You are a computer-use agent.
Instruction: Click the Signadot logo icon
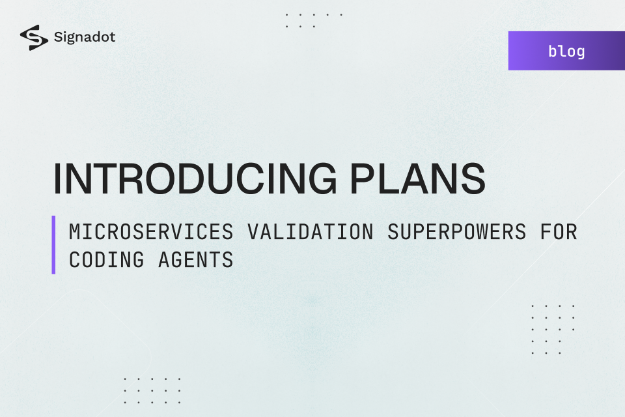coord(34,38)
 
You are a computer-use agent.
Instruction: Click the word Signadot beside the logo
coord(85,37)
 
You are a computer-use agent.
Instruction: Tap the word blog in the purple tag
coord(566,51)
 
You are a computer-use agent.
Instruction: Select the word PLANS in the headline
coord(421,178)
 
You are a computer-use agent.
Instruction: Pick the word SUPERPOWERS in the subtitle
coord(456,232)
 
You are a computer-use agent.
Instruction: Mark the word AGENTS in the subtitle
coord(196,260)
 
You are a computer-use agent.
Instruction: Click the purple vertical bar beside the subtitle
coord(53,245)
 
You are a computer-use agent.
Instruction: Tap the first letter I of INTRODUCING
coord(57,178)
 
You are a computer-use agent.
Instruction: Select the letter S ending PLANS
coord(471,178)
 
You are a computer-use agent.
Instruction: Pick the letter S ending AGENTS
coord(228,260)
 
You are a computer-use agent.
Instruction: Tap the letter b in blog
coord(553,51)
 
